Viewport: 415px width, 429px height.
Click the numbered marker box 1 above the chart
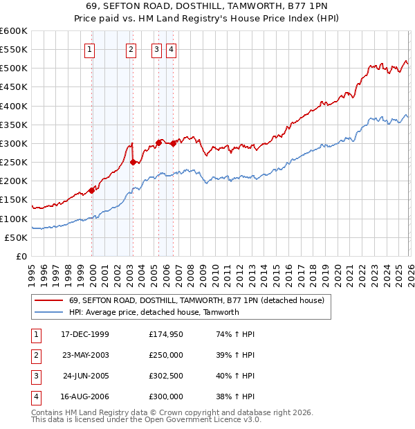(x=91, y=49)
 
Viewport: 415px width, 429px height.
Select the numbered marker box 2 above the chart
(x=131, y=49)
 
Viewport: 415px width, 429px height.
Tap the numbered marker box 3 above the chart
(x=157, y=49)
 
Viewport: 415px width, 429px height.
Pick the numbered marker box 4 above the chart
(x=170, y=49)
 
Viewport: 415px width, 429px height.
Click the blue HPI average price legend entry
(x=154, y=312)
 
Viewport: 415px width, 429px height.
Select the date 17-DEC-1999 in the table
(x=85, y=335)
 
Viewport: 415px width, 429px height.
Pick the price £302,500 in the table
(x=166, y=376)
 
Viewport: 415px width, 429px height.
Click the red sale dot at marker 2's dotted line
(x=133, y=162)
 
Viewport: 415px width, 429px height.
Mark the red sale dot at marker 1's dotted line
(x=91, y=190)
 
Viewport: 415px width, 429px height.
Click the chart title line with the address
(x=207, y=7)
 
